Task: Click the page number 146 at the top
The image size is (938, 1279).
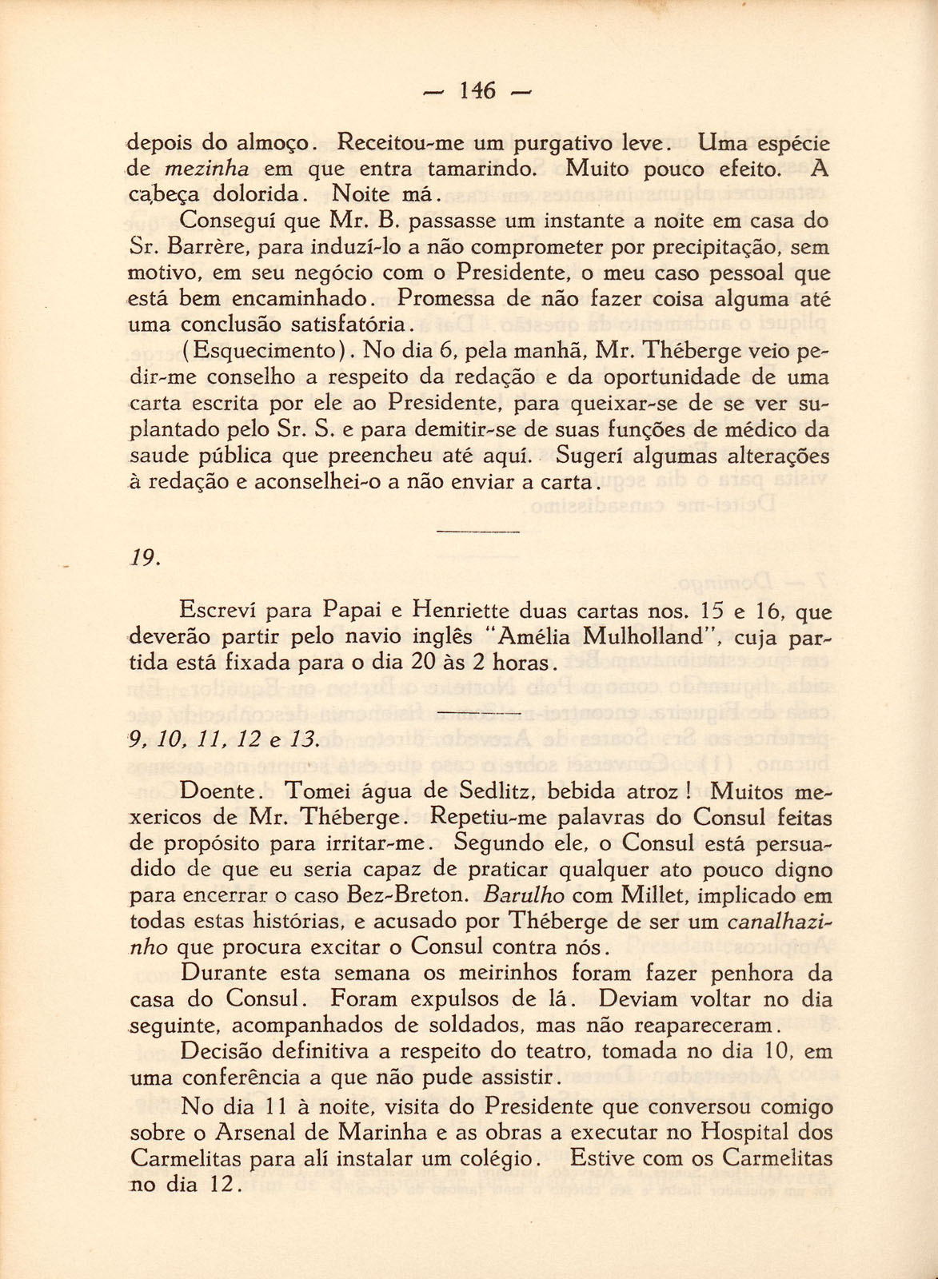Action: coord(478,91)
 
